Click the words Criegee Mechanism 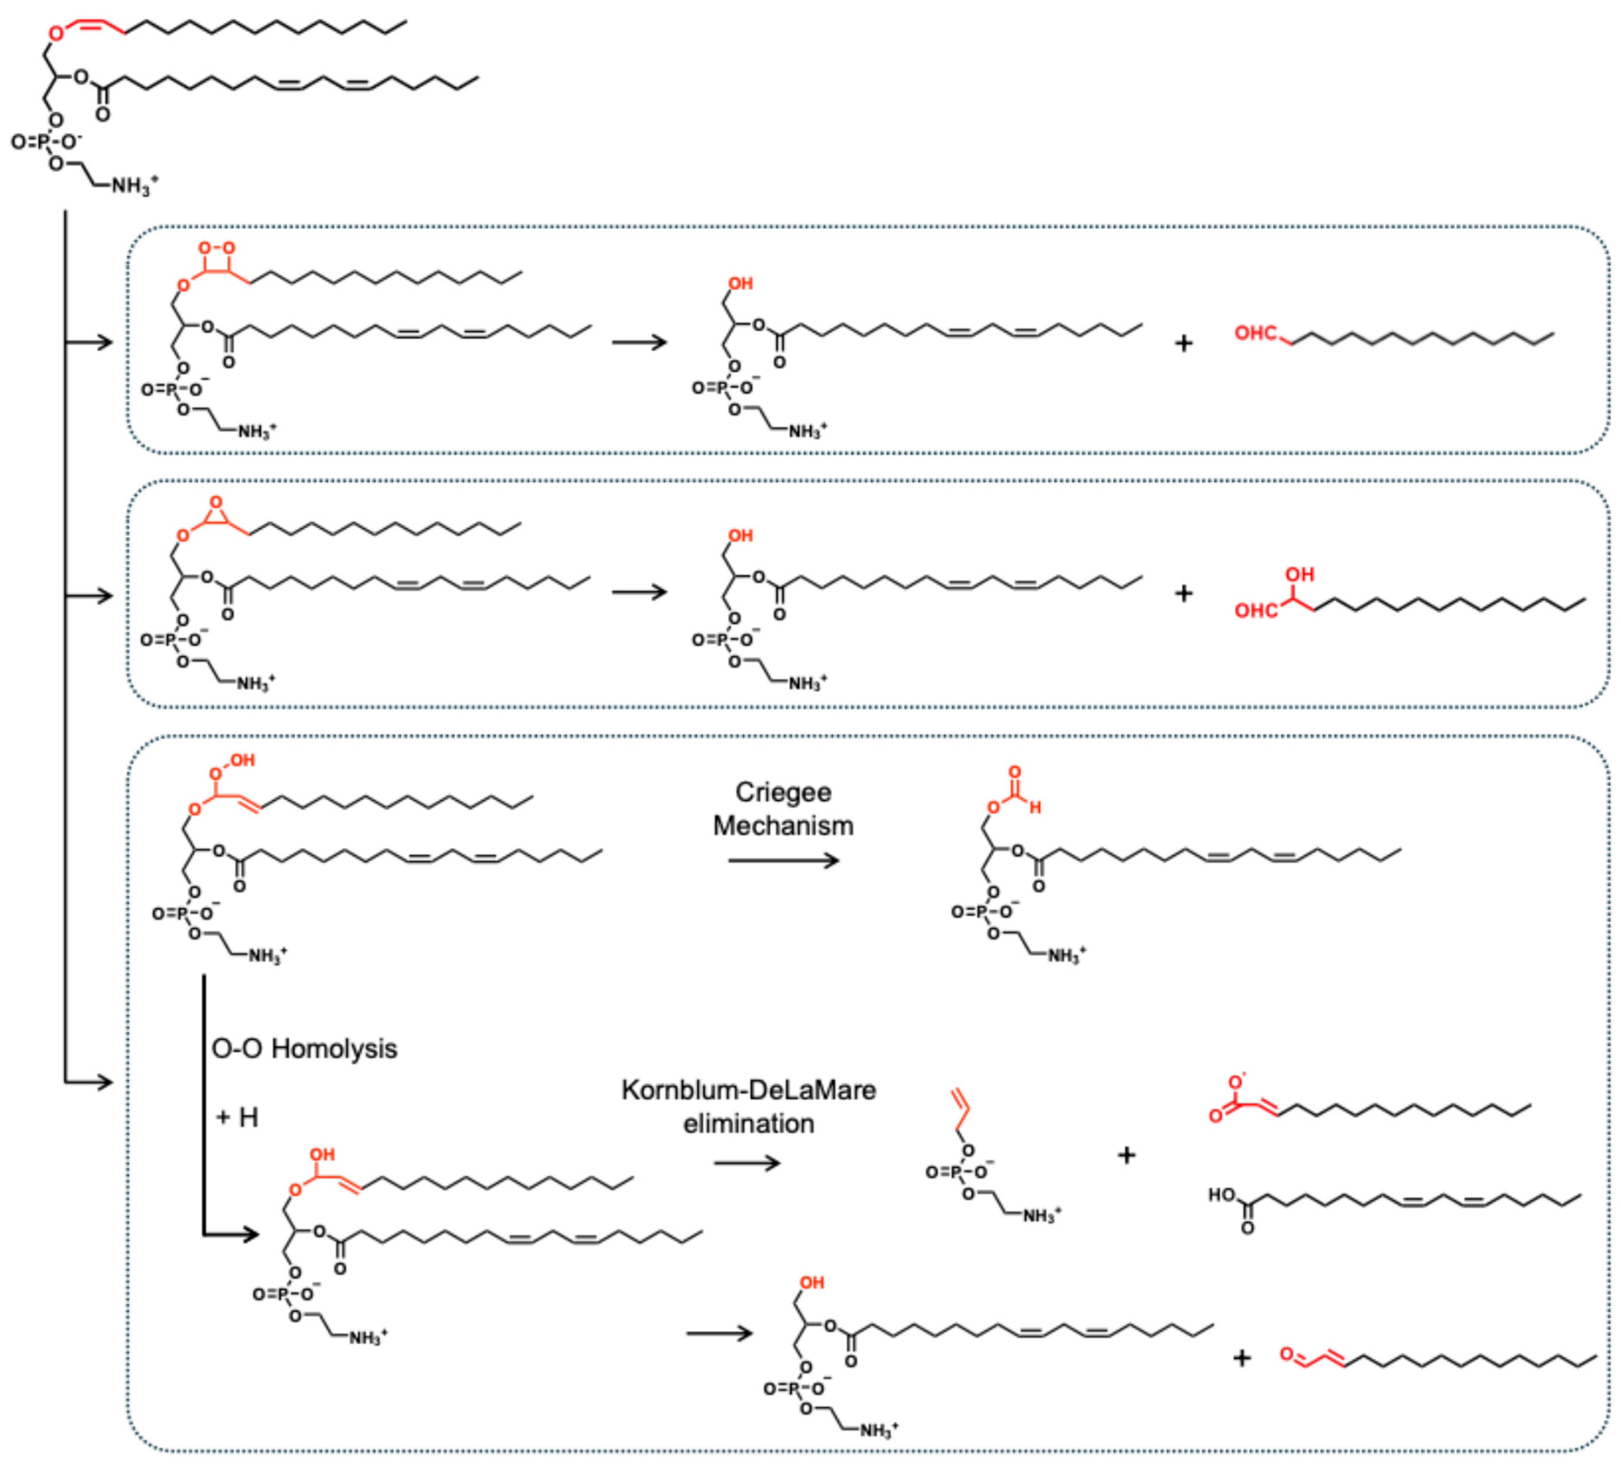point(783,809)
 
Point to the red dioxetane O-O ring point(217,259)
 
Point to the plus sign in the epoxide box point(1183,594)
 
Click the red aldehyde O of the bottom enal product point(1287,1355)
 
